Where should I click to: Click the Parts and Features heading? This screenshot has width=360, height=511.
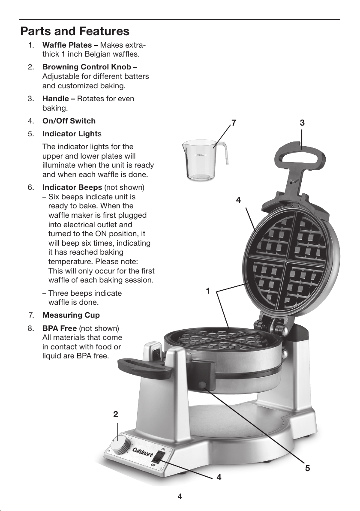point(75,31)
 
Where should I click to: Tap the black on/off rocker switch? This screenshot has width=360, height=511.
point(158,457)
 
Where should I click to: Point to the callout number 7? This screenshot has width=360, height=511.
point(233,123)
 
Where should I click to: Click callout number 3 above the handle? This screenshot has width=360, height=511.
point(302,123)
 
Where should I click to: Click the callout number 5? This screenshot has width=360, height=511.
point(308,468)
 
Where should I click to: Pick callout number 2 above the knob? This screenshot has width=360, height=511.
point(116,414)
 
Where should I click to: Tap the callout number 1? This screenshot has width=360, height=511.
point(208,291)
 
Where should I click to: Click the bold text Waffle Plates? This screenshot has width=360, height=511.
point(67,45)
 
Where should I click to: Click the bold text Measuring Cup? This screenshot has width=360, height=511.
point(71,315)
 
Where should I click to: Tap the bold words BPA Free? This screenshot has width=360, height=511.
point(60,328)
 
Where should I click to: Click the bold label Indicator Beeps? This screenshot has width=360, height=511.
point(72,187)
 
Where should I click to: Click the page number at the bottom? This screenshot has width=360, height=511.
point(180,496)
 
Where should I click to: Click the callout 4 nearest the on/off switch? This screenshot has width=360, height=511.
point(219,477)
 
